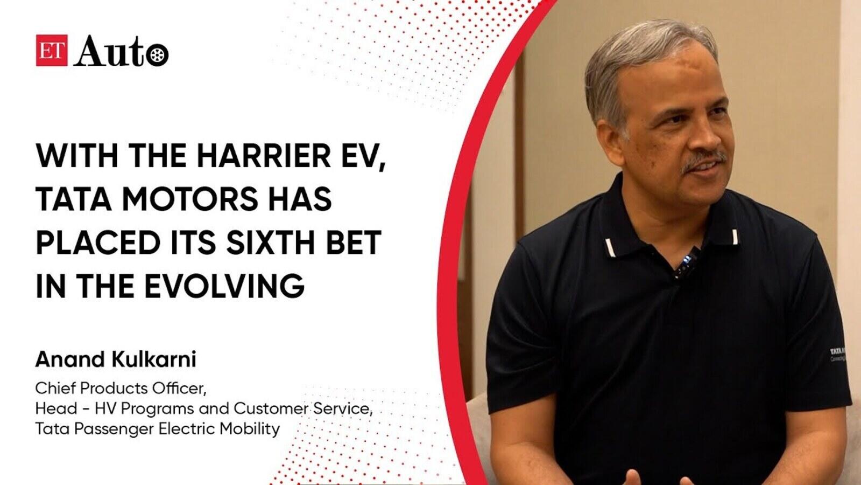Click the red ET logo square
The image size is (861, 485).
52,51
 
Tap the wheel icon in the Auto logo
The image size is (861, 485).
157,56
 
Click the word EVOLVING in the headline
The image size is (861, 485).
224,286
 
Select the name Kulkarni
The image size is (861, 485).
154,359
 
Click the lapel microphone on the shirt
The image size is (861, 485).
688,262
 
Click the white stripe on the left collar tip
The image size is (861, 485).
610,247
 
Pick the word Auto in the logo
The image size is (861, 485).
122,51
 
